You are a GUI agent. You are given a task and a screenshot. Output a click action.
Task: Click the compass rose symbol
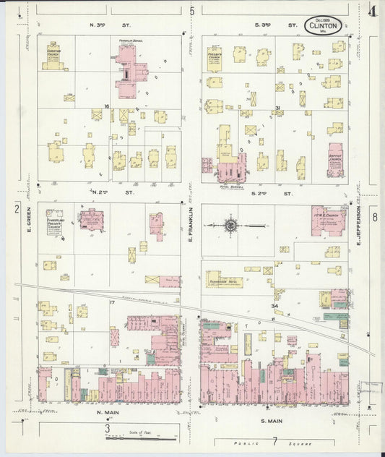click(230, 225)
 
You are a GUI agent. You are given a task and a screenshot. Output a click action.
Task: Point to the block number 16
click(106, 107)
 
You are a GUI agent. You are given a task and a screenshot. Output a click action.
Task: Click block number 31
click(277, 108)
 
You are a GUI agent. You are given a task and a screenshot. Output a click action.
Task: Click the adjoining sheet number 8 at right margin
click(374, 217)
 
